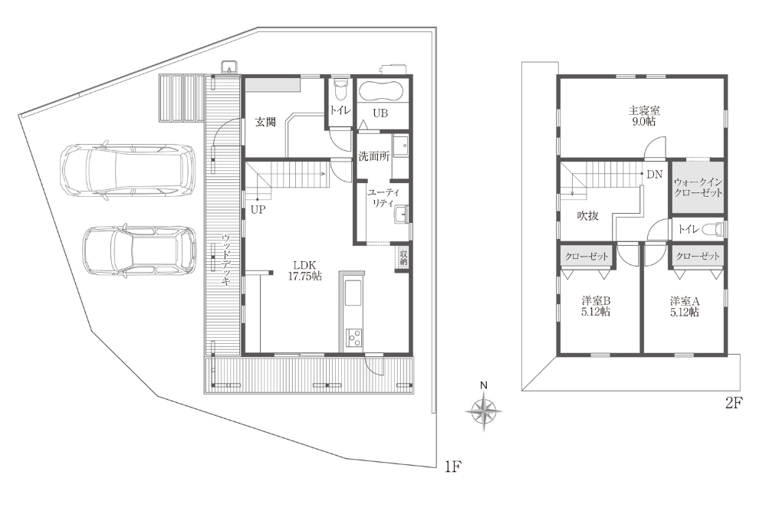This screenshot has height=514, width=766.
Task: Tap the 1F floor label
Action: coord(453,467)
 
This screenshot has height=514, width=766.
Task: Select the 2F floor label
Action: coord(734,403)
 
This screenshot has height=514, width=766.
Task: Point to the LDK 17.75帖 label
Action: coord(304,270)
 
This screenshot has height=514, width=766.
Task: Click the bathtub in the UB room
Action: coord(380,91)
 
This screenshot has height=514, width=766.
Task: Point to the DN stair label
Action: coord(655,174)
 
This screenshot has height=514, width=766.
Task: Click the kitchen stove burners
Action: coord(354,337)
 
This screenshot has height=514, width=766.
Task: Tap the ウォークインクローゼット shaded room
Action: coord(698,188)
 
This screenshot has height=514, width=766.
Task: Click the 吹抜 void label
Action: coord(587,215)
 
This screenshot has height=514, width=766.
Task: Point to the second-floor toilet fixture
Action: coord(716,229)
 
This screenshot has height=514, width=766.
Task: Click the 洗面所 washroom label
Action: coord(374,157)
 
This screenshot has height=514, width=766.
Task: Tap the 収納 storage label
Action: coord(403,257)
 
